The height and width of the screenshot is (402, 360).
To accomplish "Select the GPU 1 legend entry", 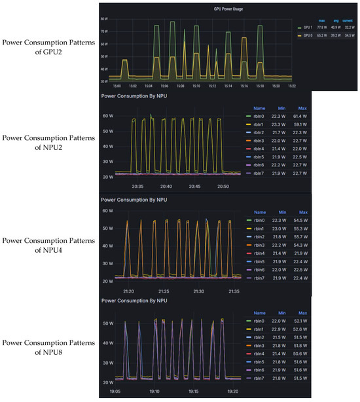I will tap(306, 27).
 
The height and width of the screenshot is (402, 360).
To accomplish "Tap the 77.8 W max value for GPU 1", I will tap(321, 27).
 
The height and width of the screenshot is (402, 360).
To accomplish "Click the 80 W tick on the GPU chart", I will tap(103, 20).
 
